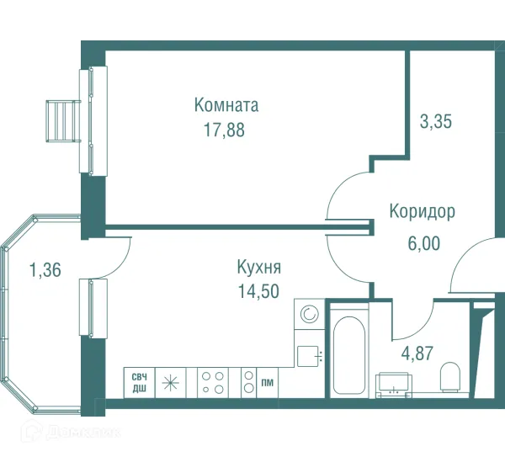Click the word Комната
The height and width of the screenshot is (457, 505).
click(226, 106)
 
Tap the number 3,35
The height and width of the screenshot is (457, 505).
click(436, 121)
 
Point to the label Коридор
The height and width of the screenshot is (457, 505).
click(422, 212)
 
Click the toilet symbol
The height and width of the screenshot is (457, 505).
click(452, 376)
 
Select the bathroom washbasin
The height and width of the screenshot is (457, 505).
click(393, 383)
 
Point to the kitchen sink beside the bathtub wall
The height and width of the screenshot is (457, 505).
click(308, 353)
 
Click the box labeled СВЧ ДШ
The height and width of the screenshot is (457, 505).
click(136, 381)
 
